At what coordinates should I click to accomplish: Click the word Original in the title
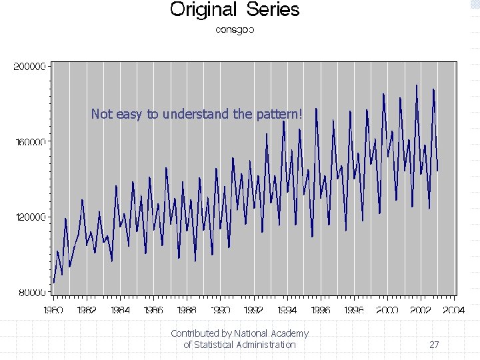click(x=204, y=10)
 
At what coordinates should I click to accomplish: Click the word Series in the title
click(x=273, y=10)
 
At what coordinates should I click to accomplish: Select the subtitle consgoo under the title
click(x=235, y=30)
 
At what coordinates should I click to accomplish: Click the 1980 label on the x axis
click(x=54, y=310)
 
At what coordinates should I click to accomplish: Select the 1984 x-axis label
click(x=121, y=310)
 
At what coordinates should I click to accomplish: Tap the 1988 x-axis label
click(x=187, y=310)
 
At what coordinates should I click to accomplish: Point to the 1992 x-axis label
click(x=254, y=310)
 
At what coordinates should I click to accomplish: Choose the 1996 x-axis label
click(x=321, y=310)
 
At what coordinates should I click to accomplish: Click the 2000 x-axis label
click(x=387, y=310)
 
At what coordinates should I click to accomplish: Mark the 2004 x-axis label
click(x=454, y=310)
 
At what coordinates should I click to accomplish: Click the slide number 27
click(x=434, y=345)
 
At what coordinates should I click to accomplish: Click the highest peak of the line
click(x=417, y=85)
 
